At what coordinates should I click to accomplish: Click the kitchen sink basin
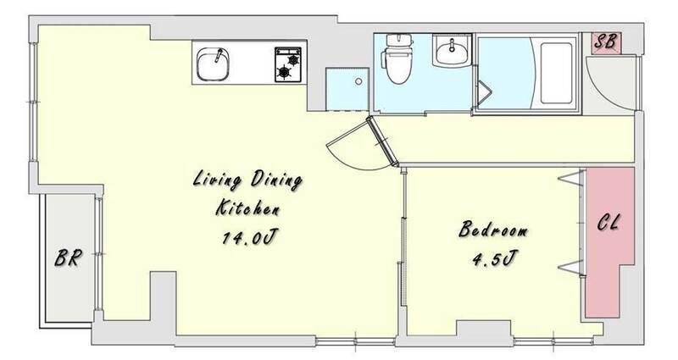[213, 64]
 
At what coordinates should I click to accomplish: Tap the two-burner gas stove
[288, 64]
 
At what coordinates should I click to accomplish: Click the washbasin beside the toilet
[452, 50]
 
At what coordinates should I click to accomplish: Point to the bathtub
[556, 73]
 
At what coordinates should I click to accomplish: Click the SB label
[604, 42]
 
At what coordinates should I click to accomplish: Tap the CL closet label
[609, 223]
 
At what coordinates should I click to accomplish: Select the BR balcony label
[68, 258]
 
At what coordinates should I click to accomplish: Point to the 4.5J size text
[494, 259]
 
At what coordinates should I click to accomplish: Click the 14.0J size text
[249, 237]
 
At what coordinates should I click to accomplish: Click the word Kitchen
[247, 208]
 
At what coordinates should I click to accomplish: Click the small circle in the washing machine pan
[358, 81]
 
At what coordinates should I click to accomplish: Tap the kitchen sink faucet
[219, 55]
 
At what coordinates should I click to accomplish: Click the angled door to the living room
[382, 141]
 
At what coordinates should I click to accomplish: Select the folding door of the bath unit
[484, 93]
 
